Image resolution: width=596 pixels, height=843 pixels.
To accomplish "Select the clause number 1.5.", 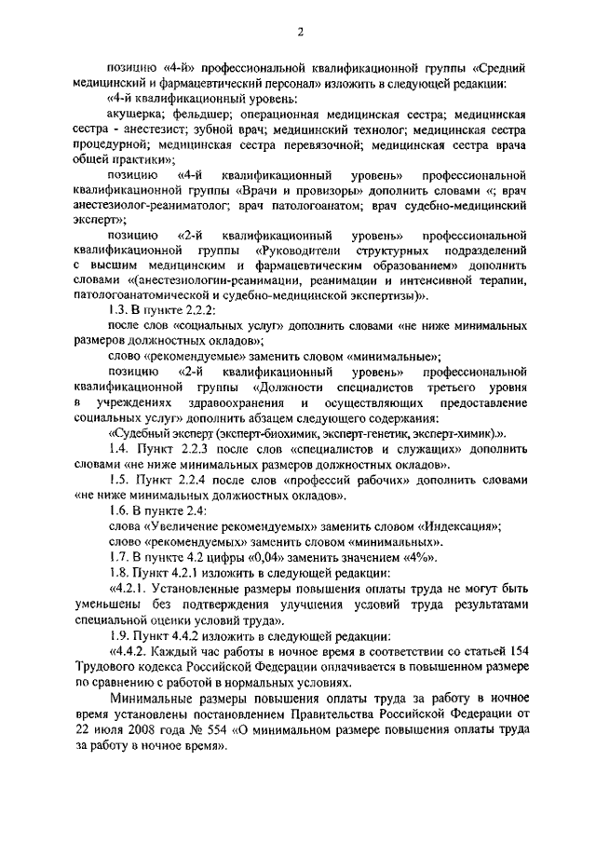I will tap(119, 480).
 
